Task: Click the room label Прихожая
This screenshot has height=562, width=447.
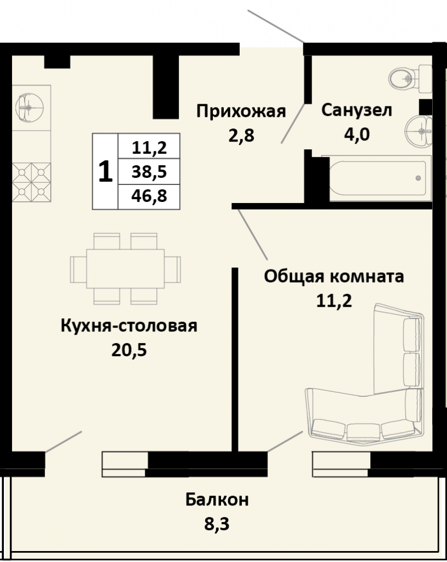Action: pos(241,111)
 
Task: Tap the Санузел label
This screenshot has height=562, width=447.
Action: pos(357,110)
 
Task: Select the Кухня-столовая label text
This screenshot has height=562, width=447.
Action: pos(129,326)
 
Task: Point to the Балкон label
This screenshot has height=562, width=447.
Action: pos(217,499)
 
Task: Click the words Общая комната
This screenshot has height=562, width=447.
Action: pos(334,277)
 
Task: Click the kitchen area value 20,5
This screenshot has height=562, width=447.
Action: pos(129,350)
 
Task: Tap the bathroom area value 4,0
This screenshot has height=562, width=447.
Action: pos(357,135)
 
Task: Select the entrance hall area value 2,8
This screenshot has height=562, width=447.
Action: pos(241,136)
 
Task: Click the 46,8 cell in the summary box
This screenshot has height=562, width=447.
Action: pos(149,196)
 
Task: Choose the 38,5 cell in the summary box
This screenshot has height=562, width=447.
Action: pos(149,172)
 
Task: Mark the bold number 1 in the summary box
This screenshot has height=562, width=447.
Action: pos(105,171)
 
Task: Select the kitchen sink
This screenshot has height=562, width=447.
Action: pos(30,108)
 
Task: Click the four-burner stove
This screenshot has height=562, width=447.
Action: pos(31,182)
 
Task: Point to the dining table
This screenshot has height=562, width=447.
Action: pos(126,269)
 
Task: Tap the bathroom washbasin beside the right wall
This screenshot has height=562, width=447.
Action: pos(419,131)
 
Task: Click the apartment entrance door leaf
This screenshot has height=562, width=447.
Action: pos(275,26)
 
